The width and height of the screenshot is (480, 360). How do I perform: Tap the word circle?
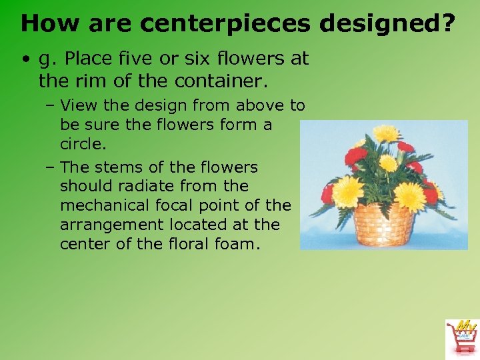point(83,144)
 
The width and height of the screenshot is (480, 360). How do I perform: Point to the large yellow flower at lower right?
point(409,195)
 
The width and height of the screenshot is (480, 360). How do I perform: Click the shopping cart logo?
point(461,337)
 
